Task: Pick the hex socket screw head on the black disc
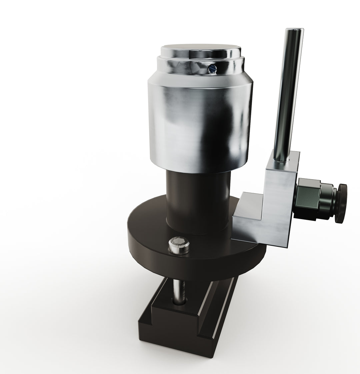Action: click(179, 245)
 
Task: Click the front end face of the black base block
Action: click(173, 340)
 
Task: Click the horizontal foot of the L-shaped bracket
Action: click(247, 216)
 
